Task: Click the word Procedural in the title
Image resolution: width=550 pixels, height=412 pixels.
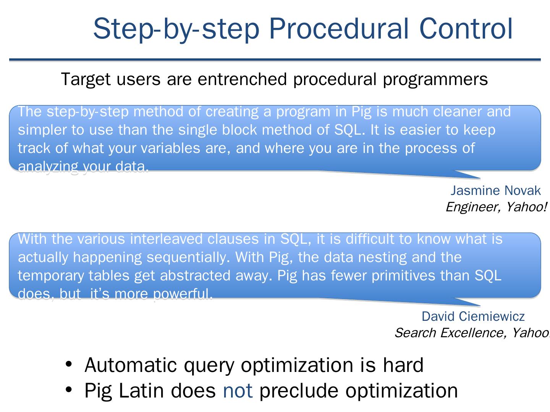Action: coord(339,29)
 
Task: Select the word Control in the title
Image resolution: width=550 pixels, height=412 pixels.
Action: coord(466,29)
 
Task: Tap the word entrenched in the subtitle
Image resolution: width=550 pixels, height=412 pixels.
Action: coord(242,79)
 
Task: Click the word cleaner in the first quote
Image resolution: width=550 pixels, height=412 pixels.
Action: coord(457,111)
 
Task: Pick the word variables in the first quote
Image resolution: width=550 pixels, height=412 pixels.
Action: coord(170,148)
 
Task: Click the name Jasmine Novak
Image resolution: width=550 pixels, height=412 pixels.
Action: coord(496,191)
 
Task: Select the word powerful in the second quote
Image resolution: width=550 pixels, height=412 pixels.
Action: coord(183,294)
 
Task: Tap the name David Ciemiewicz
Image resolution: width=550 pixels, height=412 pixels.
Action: coord(473,317)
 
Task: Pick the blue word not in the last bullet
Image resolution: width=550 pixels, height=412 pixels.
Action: coord(238,391)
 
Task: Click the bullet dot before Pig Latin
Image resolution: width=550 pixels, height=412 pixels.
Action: coord(69,389)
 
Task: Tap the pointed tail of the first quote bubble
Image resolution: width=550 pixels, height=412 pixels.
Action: coord(480,179)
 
